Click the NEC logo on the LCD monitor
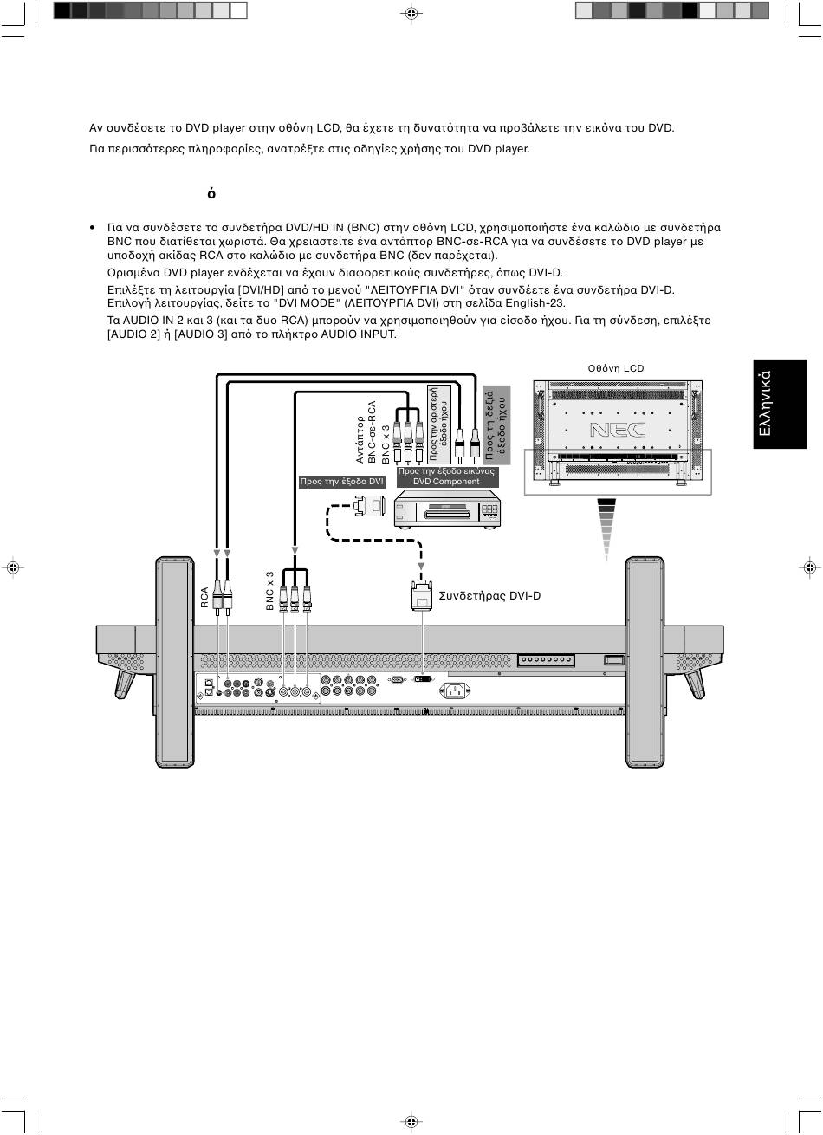[618, 430]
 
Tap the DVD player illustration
[448, 509]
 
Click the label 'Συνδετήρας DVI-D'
[489, 596]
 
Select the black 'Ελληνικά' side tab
[780, 404]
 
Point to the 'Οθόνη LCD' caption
[616, 368]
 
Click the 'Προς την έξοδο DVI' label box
[341, 482]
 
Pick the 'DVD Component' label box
[446, 477]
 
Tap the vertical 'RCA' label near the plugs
[204, 597]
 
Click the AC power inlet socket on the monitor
[455, 691]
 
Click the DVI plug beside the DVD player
[369, 506]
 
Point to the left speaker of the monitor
[175, 662]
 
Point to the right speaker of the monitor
[645, 662]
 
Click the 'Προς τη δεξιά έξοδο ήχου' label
[496, 425]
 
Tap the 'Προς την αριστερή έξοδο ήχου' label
[439, 425]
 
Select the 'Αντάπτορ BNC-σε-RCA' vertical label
[366, 432]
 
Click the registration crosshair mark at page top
[411, 14]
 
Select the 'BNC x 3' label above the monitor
[270, 591]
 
